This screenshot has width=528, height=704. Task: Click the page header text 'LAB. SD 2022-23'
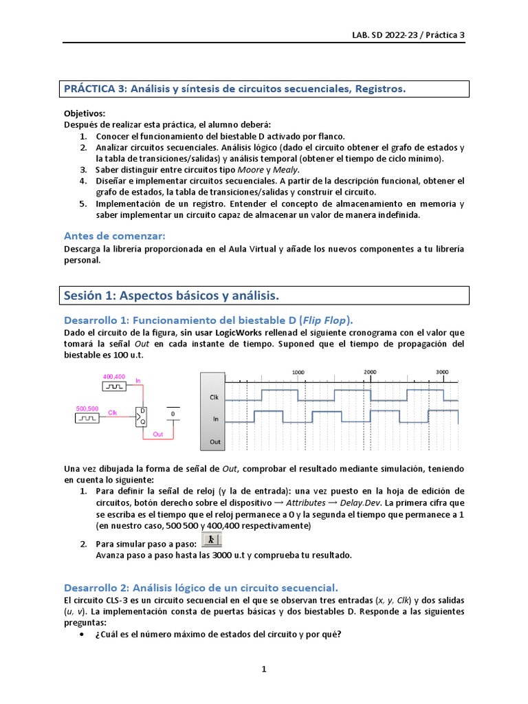(384, 35)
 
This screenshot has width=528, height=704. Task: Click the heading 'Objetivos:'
(85, 113)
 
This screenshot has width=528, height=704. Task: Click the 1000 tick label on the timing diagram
(298, 372)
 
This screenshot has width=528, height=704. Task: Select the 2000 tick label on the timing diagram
(370, 372)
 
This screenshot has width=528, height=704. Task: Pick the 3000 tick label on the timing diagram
(442, 372)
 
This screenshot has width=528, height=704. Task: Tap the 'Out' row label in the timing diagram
(214, 441)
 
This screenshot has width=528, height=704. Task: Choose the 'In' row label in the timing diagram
(214, 419)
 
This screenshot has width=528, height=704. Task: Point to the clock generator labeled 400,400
(113, 386)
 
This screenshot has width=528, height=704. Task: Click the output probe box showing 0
(173, 415)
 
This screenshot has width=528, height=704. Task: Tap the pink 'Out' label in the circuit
(157, 434)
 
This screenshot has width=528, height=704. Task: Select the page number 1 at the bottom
(263, 669)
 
